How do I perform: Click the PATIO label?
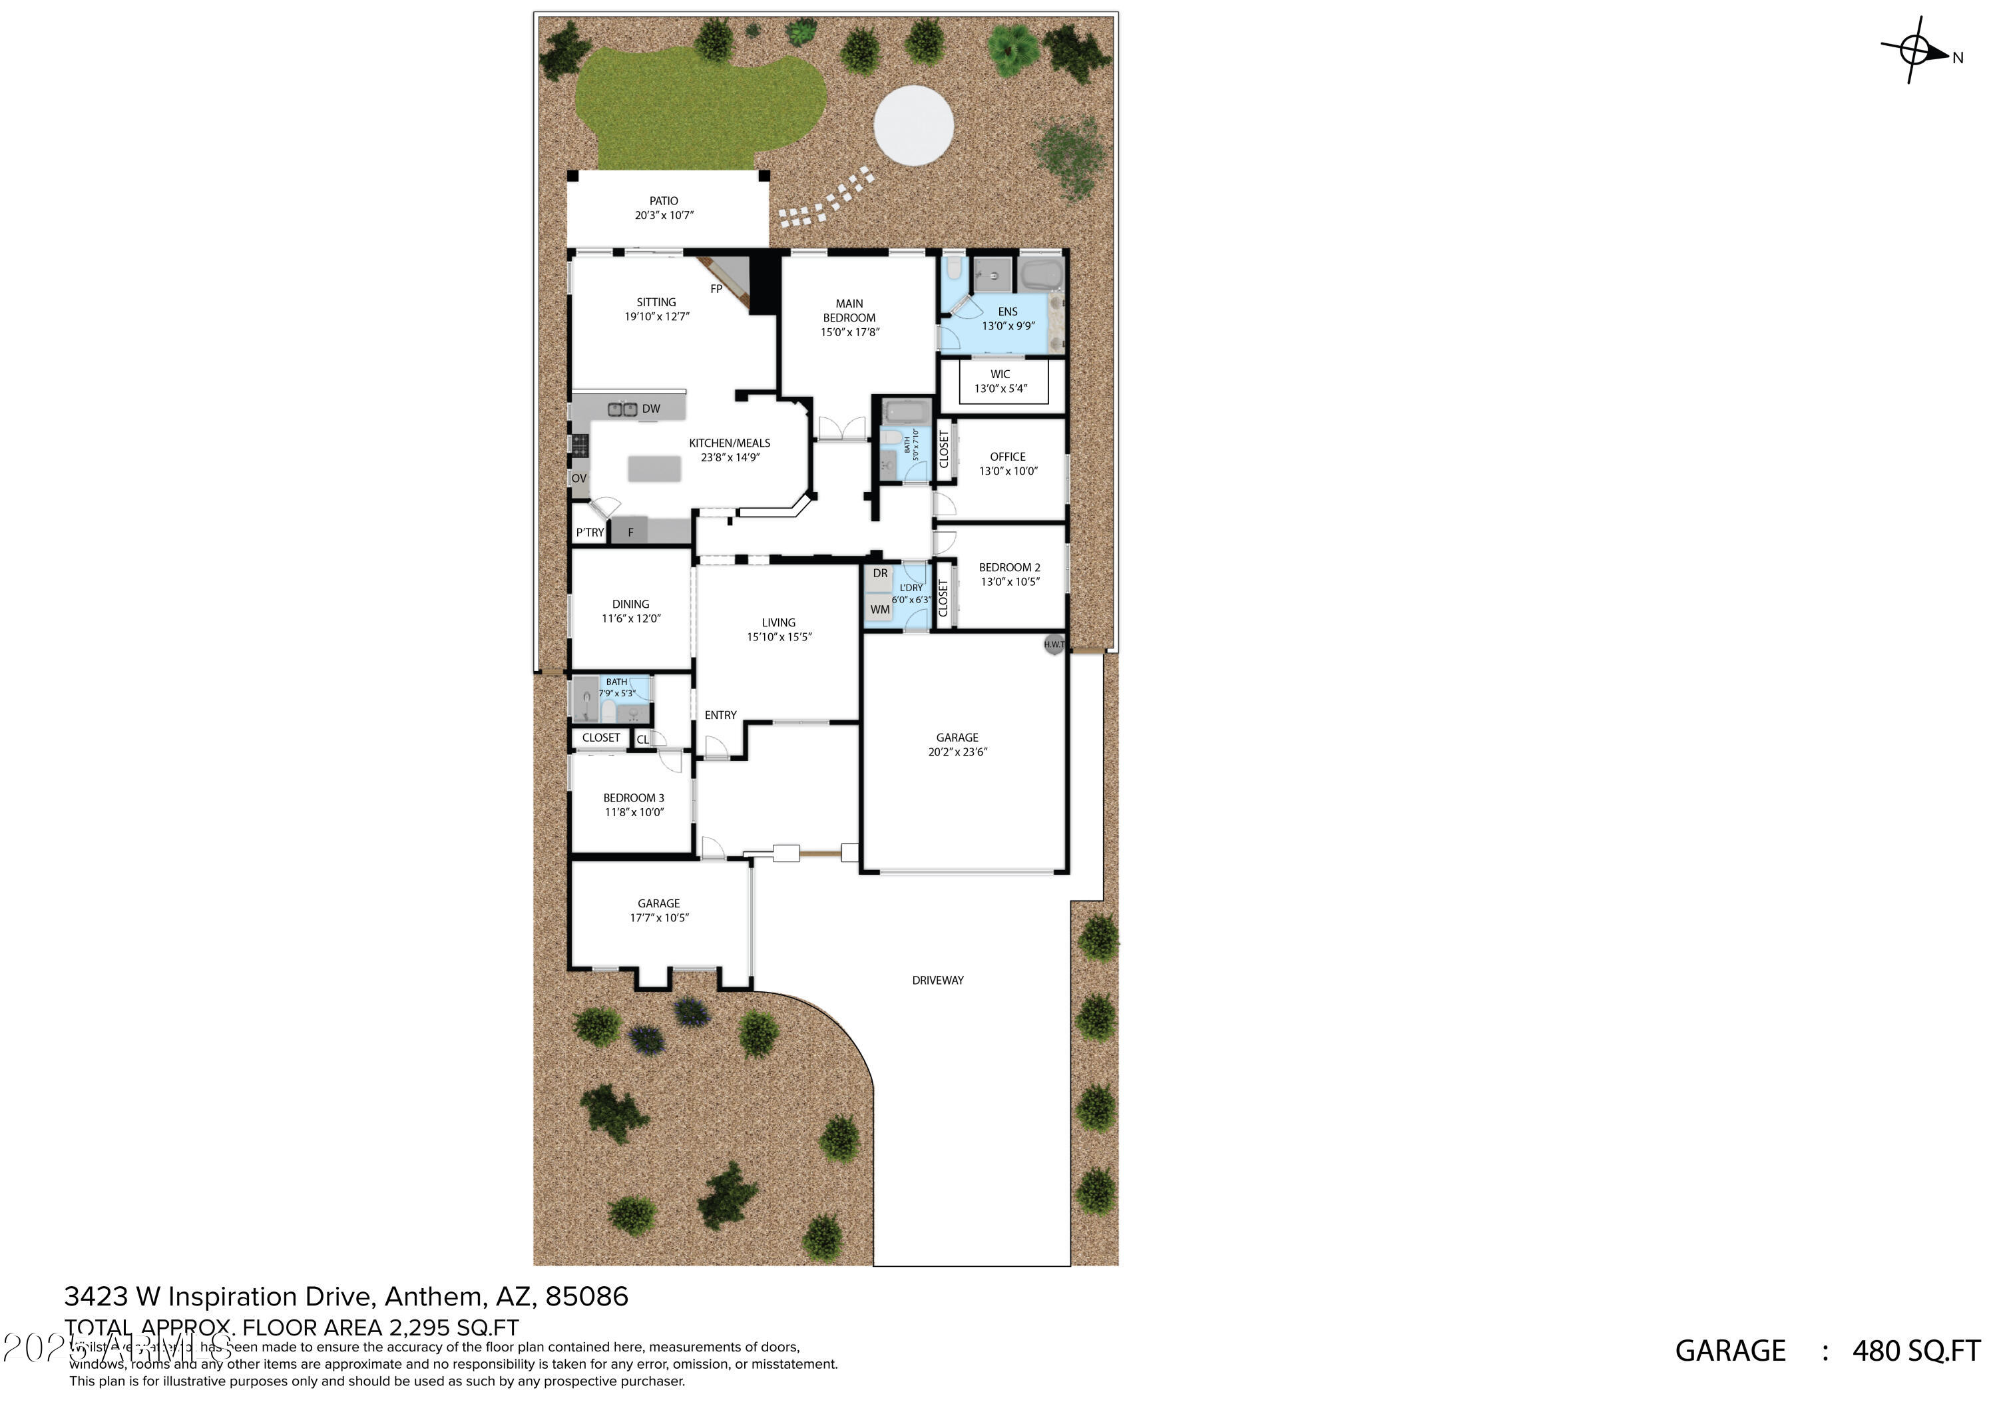coord(664,201)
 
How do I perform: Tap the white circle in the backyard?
coord(913,125)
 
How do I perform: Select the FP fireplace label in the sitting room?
coord(716,289)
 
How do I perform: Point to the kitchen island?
coord(654,469)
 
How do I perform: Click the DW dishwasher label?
coord(650,409)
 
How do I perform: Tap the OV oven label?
coord(579,479)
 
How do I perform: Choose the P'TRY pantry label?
coord(590,533)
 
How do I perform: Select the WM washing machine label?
coord(880,610)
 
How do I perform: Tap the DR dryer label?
coord(880,573)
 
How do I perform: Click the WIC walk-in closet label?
coord(1000,374)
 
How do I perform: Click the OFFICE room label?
coord(1007,457)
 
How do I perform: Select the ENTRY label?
coord(720,715)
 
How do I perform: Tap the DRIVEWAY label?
coord(938,981)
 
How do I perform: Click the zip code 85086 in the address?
coord(586,1297)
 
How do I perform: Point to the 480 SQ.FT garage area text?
coord(1915,1351)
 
